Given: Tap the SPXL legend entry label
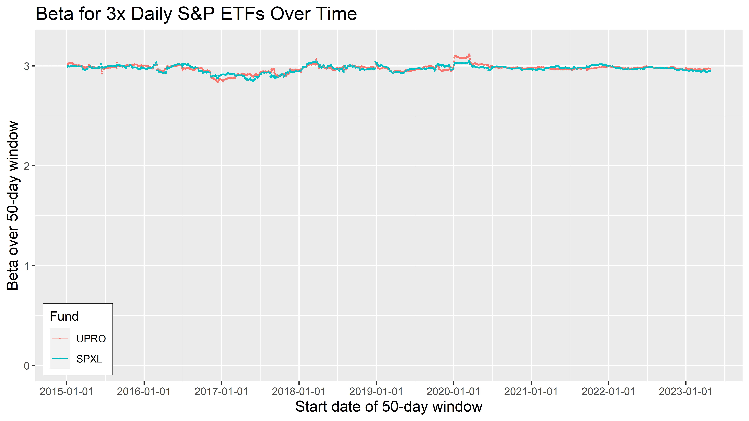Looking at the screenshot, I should (x=89, y=359).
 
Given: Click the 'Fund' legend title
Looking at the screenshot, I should (x=64, y=316).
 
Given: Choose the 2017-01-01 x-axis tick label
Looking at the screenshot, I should (x=221, y=392).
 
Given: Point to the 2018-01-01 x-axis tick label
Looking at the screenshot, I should (x=299, y=392).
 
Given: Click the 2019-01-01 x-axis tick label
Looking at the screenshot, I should (x=376, y=392).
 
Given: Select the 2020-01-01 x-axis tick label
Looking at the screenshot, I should (x=453, y=392).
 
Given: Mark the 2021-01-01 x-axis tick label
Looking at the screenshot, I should (x=531, y=392).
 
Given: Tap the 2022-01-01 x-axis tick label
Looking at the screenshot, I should (x=608, y=392).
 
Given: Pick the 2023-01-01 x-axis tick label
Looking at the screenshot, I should (x=686, y=392).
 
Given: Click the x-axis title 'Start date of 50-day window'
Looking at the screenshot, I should (x=389, y=407).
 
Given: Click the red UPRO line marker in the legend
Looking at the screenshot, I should (x=60, y=338).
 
